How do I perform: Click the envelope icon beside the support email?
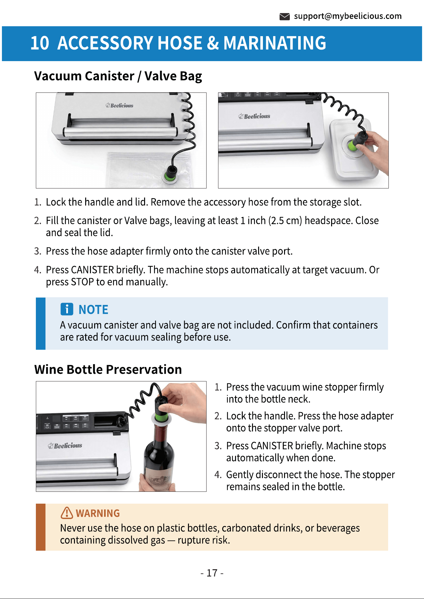point(284,17)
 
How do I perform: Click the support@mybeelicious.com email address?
point(348,16)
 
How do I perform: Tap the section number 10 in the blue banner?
point(40,43)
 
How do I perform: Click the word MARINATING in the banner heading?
point(275,43)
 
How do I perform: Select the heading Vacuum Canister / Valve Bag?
point(118,76)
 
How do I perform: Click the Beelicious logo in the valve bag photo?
point(119,105)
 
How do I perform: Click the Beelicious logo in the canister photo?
point(254,116)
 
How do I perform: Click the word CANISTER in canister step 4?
point(92,270)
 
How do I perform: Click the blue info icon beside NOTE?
point(67,309)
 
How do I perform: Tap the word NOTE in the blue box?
point(94,310)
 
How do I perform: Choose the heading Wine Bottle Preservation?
point(108,370)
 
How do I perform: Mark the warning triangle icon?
point(67,513)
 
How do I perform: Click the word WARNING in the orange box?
point(98,513)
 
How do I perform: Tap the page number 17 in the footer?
point(212,573)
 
